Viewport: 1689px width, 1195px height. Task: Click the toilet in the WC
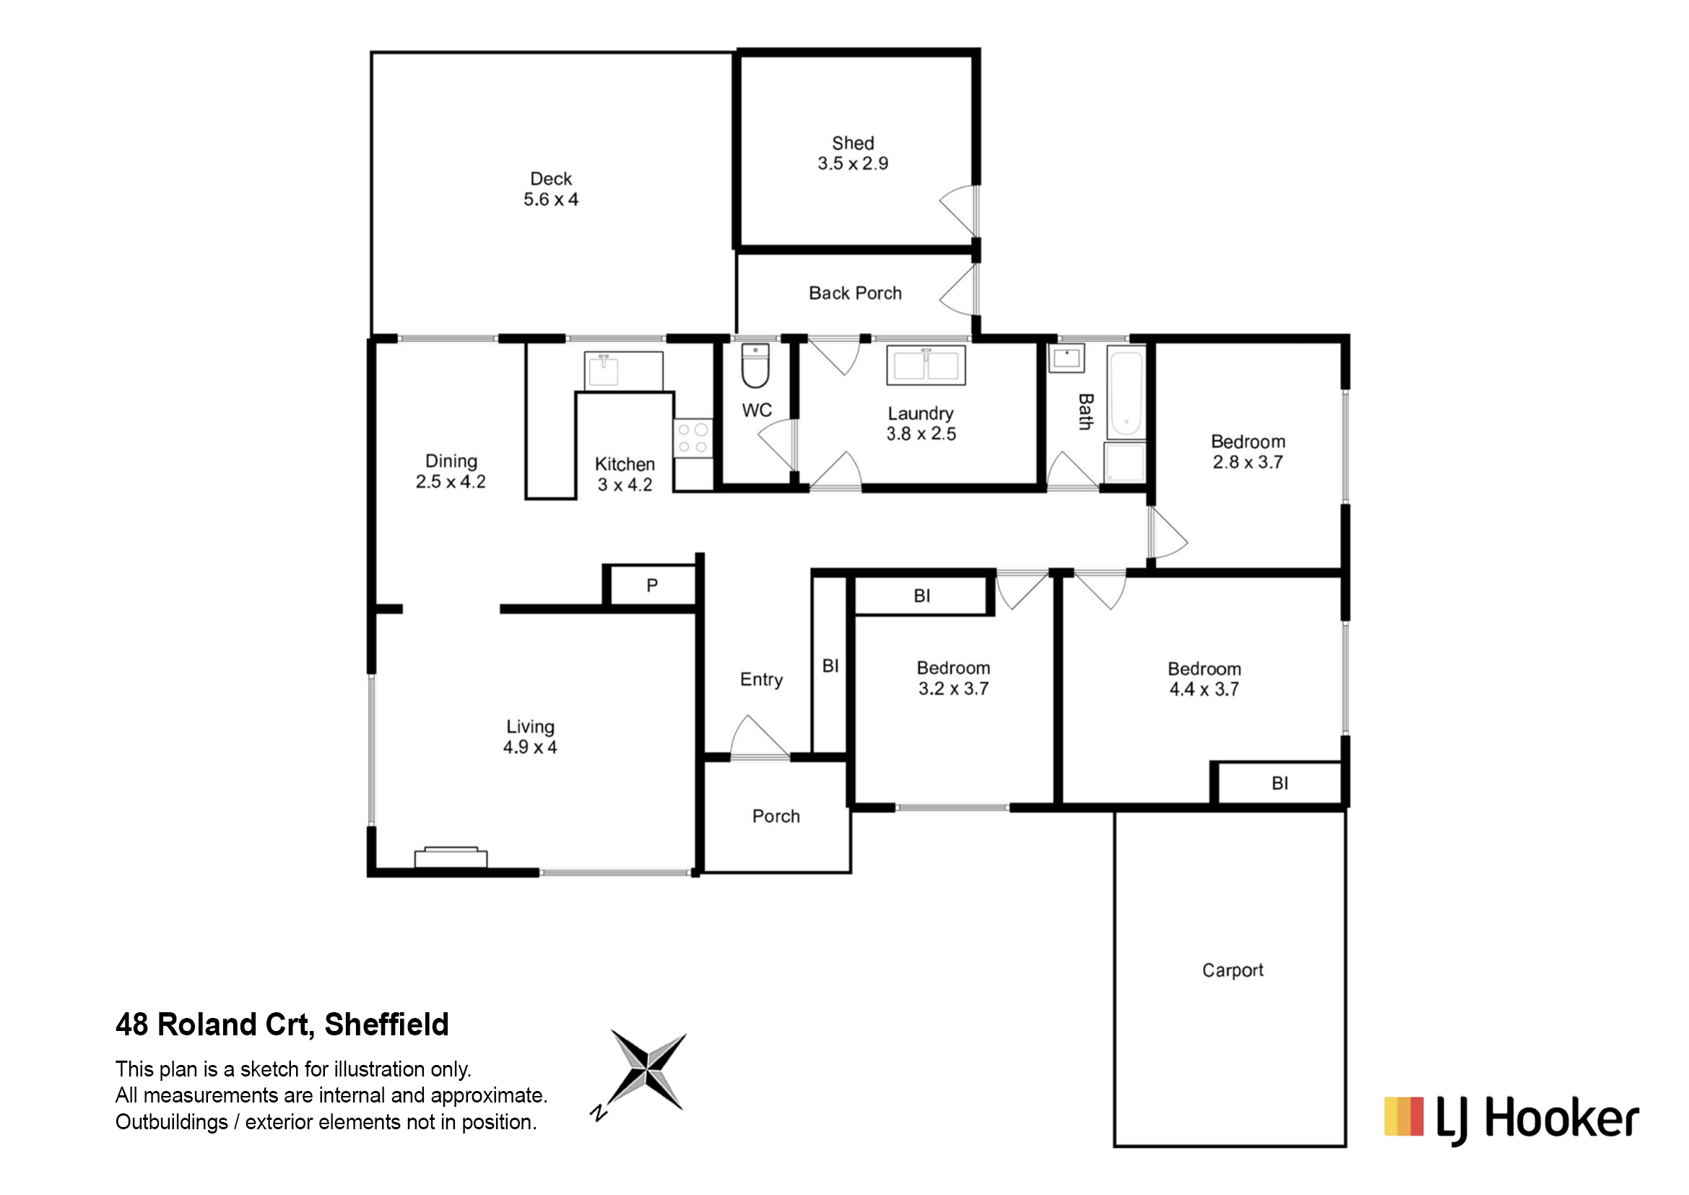pyautogui.click(x=755, y=365)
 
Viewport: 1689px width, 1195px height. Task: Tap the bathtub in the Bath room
pyautogui.click(x=1126, y=394)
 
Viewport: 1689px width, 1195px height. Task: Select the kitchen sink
pyautogui.click(x=623, y=370)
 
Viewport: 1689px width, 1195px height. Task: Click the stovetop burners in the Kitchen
pyautogui.click(x=692, y=437)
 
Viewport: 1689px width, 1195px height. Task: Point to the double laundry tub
pyautogui.click(x=926, y=365)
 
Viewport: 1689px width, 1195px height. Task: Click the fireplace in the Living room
pyautogui.click(x=451, y=858)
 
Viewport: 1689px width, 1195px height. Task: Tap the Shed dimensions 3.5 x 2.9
pyautogui.click(x=853, y=163)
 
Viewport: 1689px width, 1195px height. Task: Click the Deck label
pyautogui.click(x=551, y=178)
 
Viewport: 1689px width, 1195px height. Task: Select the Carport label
pyautogui.click(x=1232, y=970)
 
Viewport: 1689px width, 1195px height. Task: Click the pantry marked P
pyautogui.click(x=652, y=585)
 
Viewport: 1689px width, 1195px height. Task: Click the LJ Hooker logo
pyautogui.click(x=1511, y=1118)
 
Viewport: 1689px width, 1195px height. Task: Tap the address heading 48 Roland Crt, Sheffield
pyautogui.click(x=282, y=1024)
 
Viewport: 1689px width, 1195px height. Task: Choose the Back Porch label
pyautogui.click(x=855, y=293)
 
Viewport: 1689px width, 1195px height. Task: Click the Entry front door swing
pyautogui.click(x=759, y=735)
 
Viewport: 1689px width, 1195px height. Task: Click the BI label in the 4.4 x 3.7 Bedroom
pyautogui.click(x=1280, y=783)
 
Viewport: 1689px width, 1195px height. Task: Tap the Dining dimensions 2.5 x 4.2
pyautogui.click(x=450, y=482)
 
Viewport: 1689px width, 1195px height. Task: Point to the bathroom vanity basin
pyautogui.click(x=1066, y=358)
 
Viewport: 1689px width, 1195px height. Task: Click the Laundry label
pyautogui.click(x=920, y=413)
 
